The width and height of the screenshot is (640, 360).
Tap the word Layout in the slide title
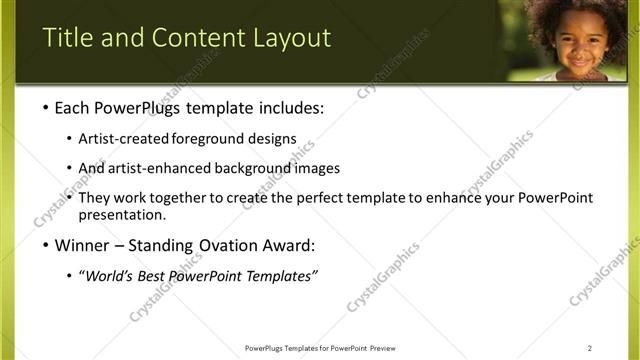pyautogui.click(x=293, y=38)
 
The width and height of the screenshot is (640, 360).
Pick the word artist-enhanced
pyautogui.click(x=159, y=168)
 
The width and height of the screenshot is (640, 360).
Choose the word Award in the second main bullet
pyautogui.click(x=289, y=246)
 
